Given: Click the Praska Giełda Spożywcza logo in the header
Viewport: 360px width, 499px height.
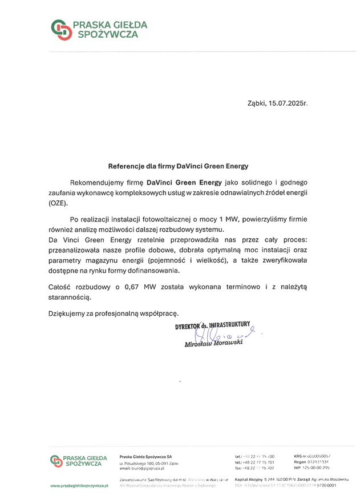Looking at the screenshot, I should (x=99, y=29).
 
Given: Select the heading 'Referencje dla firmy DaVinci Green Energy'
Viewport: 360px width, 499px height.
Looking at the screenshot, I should (x=179, y=167).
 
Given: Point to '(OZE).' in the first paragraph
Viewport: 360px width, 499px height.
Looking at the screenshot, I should (x=58, y=203).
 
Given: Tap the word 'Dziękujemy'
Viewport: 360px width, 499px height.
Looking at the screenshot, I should (x=67, y=313).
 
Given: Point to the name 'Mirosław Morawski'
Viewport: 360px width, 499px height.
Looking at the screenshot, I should (x=213, y=345).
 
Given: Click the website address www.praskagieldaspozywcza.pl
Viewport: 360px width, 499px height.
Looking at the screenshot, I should (x=79, y=485).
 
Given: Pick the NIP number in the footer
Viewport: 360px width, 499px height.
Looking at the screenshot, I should (x=312, y=468).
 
